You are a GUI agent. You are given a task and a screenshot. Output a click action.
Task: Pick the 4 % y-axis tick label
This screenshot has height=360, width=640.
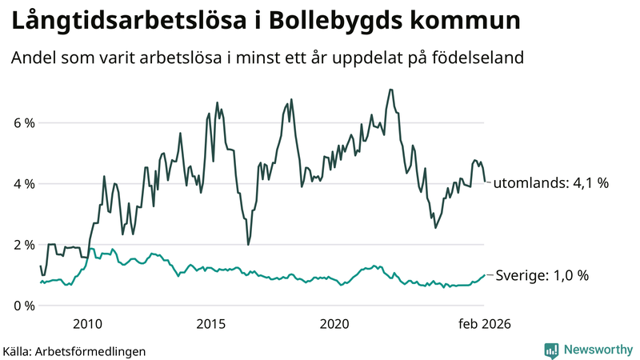click(x=23, y=183)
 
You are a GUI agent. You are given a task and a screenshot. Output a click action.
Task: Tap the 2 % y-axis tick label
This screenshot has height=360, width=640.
click(x=23, y=244)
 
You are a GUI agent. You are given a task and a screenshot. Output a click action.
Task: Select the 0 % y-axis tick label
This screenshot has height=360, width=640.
click(x=23, y=305)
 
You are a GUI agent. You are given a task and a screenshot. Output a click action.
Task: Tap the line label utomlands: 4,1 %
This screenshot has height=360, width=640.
click(x=550, y=183)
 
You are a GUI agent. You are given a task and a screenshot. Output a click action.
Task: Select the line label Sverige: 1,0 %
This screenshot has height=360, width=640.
click(x=541, y=275)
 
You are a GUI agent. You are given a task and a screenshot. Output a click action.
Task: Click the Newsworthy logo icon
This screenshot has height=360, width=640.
click(x=551, y=350)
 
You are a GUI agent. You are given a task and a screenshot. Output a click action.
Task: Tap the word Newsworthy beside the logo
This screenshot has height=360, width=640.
click(x=598, y=350)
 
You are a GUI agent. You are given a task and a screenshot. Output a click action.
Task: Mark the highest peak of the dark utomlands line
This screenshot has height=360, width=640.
click(x=390, y=90)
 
